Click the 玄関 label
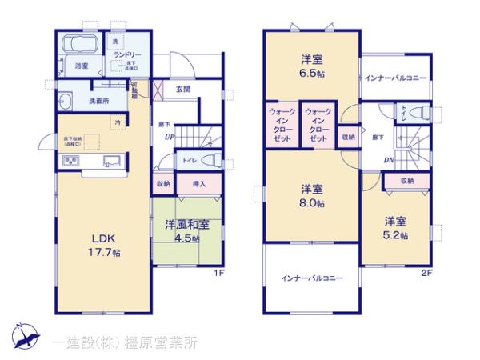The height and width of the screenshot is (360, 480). [183, 90]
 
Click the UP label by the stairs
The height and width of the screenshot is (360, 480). [170, 137]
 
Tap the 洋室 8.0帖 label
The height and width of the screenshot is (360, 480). [312, 197]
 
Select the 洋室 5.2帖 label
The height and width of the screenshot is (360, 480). [395, 229]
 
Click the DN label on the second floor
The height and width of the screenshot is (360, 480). [387, 160]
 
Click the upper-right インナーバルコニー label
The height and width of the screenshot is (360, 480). [395, 78]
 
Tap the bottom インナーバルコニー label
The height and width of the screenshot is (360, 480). [312, 278]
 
